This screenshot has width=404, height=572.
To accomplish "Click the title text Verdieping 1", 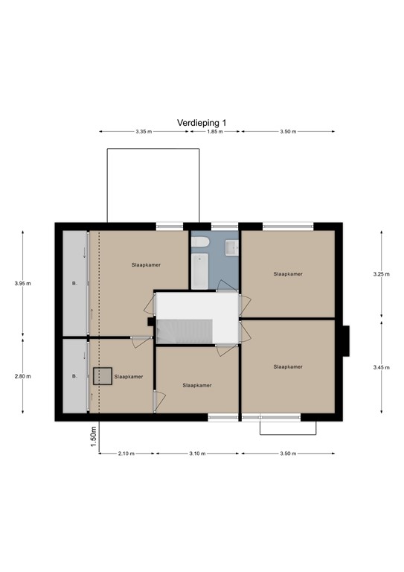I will point(201,122).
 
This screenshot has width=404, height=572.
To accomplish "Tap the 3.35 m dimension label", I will point(144,132).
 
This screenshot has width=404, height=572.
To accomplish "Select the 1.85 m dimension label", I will point(214,132).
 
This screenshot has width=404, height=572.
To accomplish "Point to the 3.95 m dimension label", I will point(23,283).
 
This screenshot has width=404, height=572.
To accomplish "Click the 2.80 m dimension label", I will point(23,376).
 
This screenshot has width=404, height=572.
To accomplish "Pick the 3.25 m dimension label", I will point(381,274).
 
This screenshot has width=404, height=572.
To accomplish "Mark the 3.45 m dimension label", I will point(381,366).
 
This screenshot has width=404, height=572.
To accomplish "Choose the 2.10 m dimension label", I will point(126,454).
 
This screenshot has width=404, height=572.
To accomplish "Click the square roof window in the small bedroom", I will point(102,376).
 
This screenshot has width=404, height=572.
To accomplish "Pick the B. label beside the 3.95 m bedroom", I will point(74,284).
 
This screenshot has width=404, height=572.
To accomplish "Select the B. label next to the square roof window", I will point(74,377).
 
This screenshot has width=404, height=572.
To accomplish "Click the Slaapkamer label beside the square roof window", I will point(129,376).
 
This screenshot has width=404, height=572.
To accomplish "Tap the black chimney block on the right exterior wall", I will point(347,341).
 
